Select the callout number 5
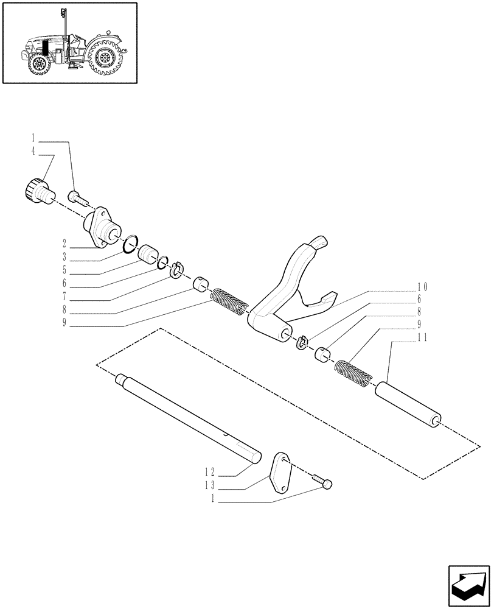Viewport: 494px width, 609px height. tap(64, 272)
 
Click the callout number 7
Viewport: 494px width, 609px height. tap(64, 298)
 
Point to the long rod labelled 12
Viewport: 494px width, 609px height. tap(189, 417)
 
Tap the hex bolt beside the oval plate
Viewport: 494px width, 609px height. tap(322, 482)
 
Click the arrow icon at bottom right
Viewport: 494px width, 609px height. tap(468, 585)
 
